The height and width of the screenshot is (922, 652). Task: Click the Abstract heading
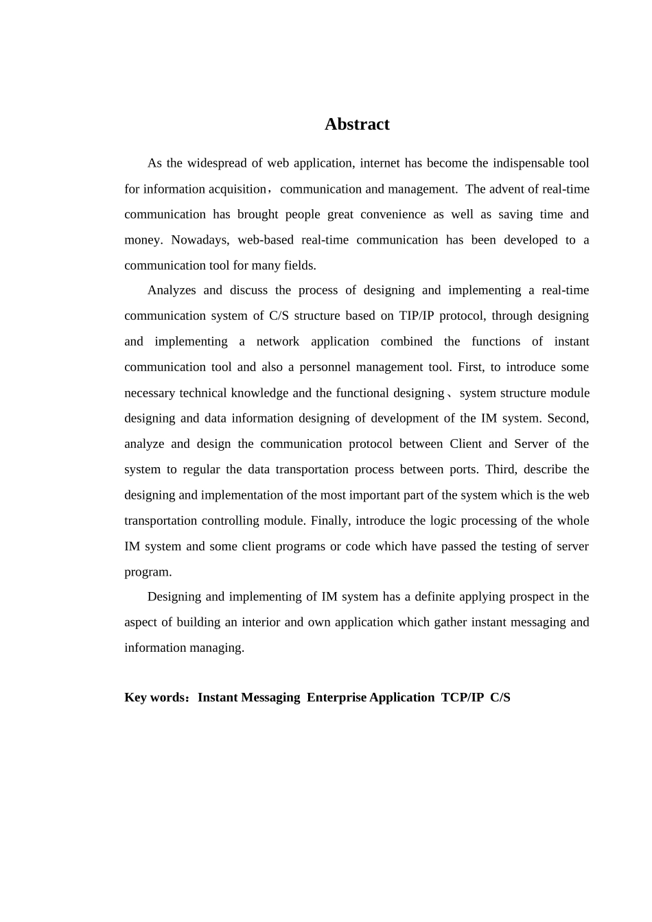click(x=357, y=124)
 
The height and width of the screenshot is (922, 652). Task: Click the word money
click(x=142, y=240)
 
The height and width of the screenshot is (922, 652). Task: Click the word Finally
click(x=331, y=521)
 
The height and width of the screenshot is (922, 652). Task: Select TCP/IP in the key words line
click(x=462, y=698)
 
